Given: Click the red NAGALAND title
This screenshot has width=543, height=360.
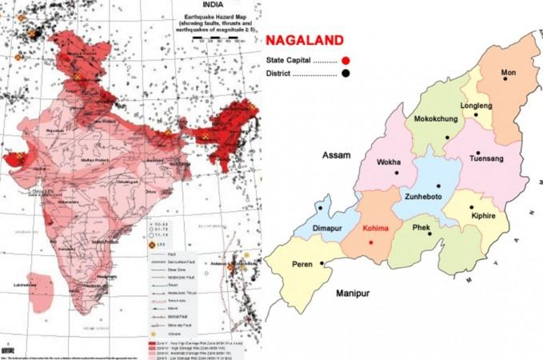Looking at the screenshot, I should click(305, 39).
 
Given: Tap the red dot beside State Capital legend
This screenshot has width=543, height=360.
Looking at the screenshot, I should click(345, 60).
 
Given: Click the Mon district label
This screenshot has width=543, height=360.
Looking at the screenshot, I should click(508, 73).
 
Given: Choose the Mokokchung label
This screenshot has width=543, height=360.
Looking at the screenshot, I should click(436, 120).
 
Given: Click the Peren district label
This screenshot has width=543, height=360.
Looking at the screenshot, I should click(302, 263).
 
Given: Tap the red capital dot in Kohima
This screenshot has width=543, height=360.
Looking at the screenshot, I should click(371, 241).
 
